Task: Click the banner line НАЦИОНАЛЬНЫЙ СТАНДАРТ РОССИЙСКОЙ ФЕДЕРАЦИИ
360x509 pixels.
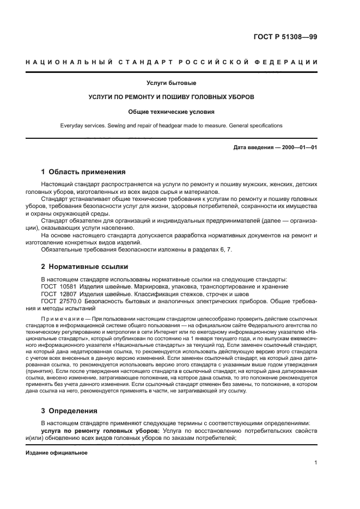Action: tap(172, 62)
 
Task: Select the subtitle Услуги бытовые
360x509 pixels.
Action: tap(172, 83)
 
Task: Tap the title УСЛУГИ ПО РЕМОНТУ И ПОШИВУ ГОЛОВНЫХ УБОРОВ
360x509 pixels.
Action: tap(172, 97)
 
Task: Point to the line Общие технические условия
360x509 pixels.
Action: tap(172, 112)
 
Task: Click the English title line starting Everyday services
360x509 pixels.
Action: tap(172, 125)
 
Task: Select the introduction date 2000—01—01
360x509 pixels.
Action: tap(298, 148)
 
